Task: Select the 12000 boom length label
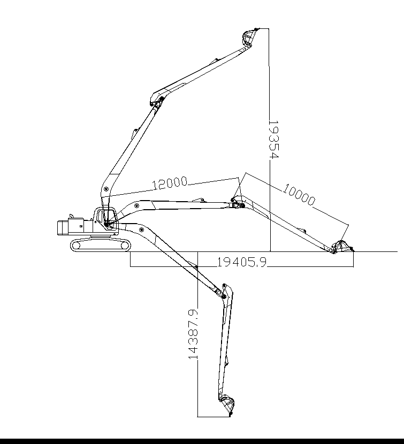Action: tap(169, 183)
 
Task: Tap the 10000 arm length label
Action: tap(299, 195)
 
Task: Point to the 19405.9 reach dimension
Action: tap(241, 262)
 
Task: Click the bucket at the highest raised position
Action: tap(248, 38)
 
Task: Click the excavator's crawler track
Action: tap(101, 246)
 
